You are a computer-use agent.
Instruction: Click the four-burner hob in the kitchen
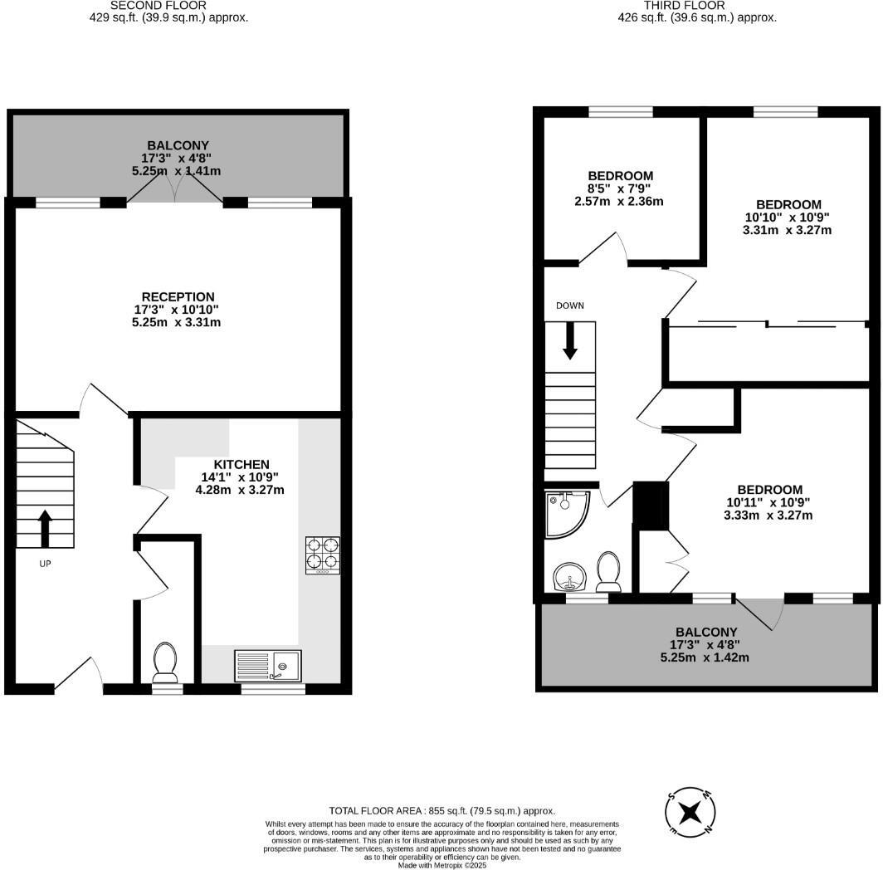point(323,555)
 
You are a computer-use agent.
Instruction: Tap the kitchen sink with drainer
point(269,665)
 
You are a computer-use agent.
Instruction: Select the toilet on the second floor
point(166,661)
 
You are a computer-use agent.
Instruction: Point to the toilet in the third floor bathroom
point(610,571)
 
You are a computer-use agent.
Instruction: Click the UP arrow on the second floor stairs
point(45,528)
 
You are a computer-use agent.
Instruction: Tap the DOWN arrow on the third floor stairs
point(570,341)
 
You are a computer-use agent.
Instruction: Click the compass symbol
point(690,810)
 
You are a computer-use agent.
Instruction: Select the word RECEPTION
point(178,296)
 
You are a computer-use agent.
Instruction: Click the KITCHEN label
point(241,464)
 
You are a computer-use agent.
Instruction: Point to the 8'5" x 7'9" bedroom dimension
point(620,188)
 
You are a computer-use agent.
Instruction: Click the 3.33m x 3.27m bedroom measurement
point(768,515)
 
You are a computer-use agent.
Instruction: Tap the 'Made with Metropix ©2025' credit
point(442,865)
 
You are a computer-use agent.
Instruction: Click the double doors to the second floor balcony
point(174,191)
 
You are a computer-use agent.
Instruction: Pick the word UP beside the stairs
point(46,563)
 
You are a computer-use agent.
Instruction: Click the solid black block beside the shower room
point(651,503)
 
